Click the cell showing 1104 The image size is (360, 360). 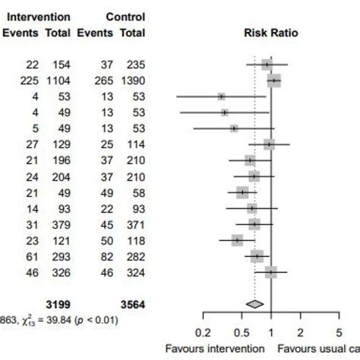[57, 81]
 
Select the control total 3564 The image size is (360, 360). [131, 305]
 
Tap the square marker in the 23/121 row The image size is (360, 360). [238, 240]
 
